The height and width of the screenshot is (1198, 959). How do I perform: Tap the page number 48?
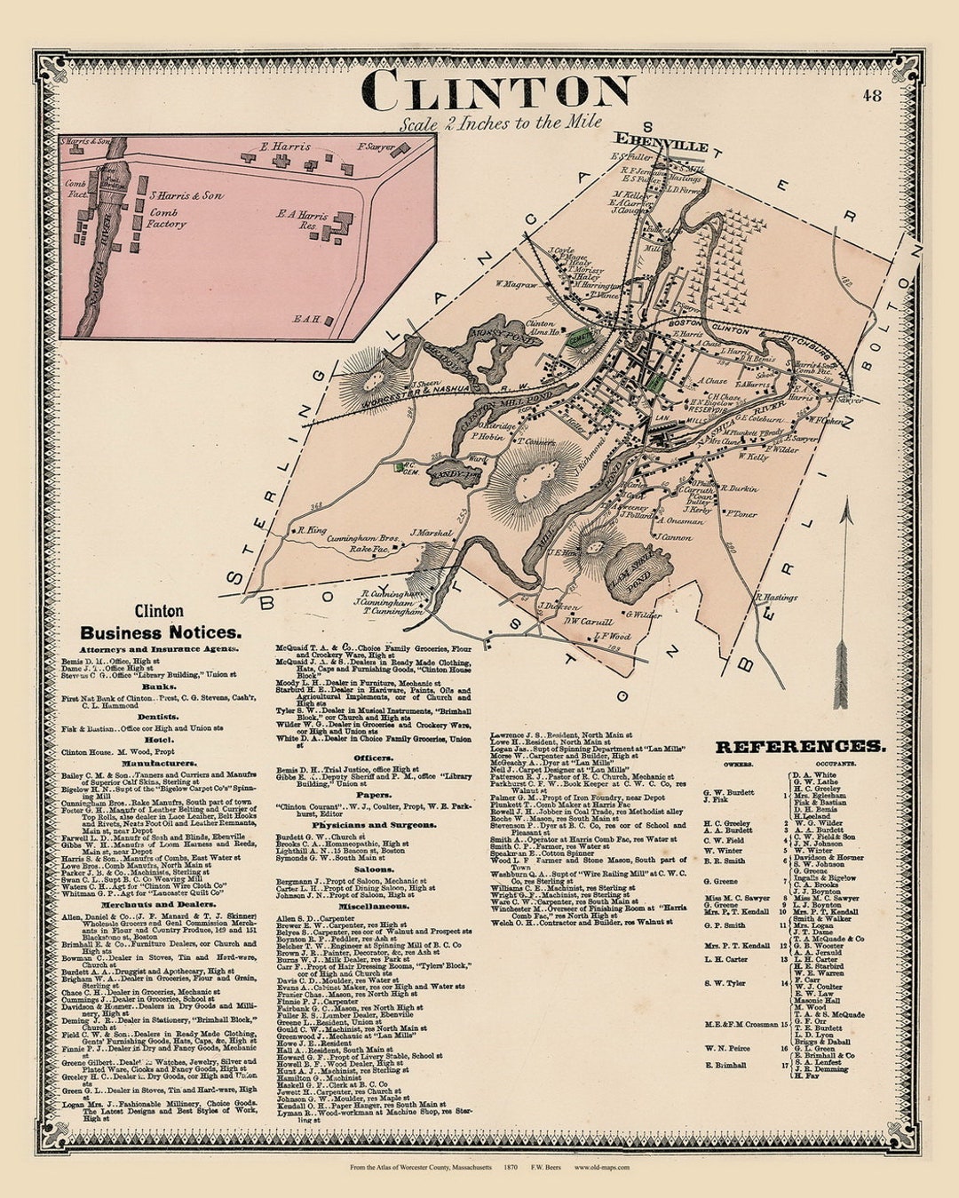coord(872,95)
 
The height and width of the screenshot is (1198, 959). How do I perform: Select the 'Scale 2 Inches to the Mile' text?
coord(500,123)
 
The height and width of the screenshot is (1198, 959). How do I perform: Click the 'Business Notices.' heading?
coord(160,633)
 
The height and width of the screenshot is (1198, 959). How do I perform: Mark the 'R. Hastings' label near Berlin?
coord(776,598)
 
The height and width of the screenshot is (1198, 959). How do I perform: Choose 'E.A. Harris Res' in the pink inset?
coord(302,220)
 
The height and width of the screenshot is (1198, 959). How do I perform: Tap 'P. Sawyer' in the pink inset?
coord(374,147)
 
